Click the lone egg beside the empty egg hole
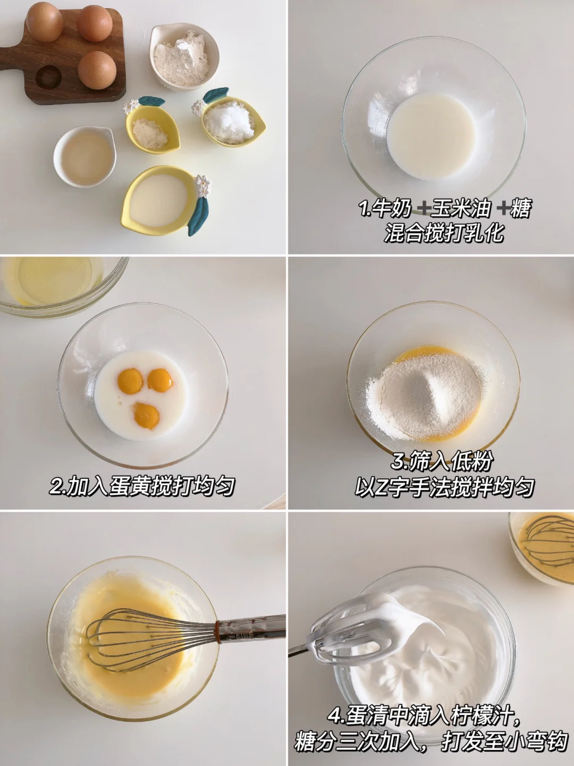(x=97, y=70)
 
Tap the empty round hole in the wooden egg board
(x=48, y=77)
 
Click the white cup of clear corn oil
(x=85, y=157)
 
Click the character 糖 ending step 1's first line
(x=521, y=209)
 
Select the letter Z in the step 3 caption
(x=381, y=487)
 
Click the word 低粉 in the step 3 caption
(x=471, y=462)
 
